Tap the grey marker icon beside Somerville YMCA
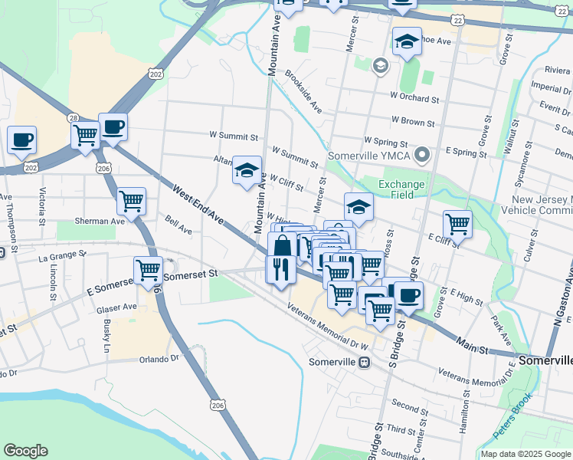click(x=421, y=156)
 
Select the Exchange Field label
click(x=401, y=189)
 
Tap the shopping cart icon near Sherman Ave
click(x=132, y=202)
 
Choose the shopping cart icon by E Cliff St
click(x=457, y=224)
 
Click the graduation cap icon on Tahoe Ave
click(x=407, y=43)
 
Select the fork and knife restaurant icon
click(x=280, y=269)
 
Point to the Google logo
click(x=26, y=451)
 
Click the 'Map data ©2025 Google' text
click(x=525, y=454)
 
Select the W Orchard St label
click(x=414, y=98)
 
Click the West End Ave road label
click(x=198, y=205)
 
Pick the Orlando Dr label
click(x=158, y=359)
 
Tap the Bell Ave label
click(x=178, y=228)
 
